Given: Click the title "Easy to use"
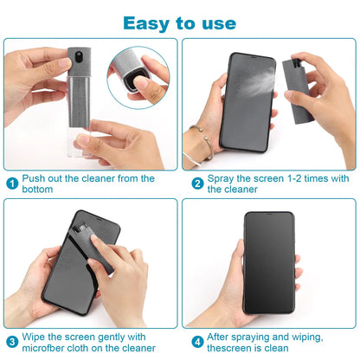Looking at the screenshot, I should (x=179, y=22).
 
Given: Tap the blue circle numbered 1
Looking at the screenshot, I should (x=12, y=183).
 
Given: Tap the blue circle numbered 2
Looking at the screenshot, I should (x=197, y=183).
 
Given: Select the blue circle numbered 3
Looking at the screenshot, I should (x=12, y=341).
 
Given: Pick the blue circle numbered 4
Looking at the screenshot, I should (x=197, y=341).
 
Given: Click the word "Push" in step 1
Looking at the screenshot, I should (x=35, y=178).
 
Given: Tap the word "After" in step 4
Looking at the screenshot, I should (x=221, y=337).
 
